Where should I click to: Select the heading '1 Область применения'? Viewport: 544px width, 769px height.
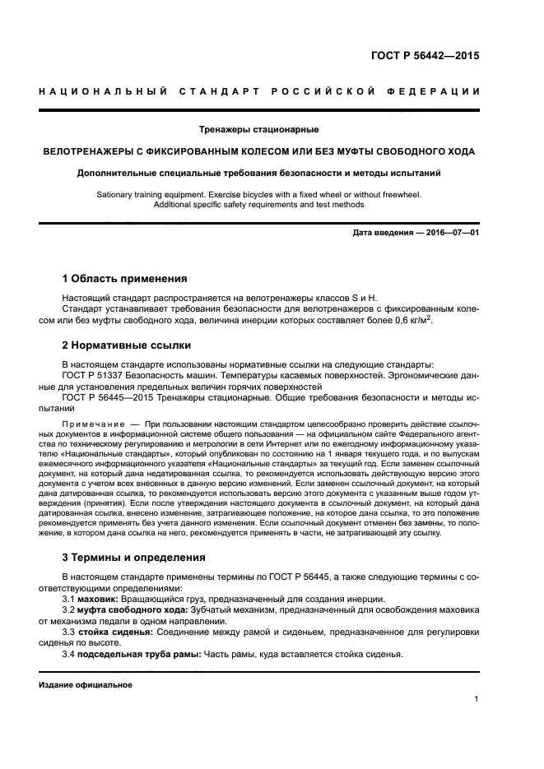tap(125, 279)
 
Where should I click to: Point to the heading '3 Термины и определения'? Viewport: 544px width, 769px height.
tap(134, 558)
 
